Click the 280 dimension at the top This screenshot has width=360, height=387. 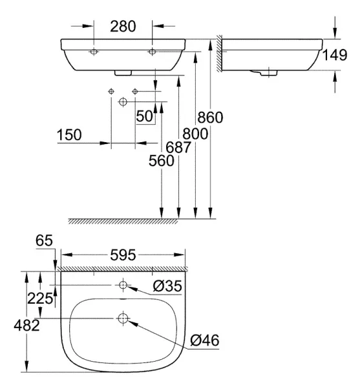(123, 26)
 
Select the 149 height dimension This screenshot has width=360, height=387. (335, 55)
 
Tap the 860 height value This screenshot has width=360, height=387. (210, 117)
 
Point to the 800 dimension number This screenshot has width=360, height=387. (195, 134)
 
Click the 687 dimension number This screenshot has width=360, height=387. (178, 147)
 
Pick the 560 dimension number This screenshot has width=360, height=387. (161, 161)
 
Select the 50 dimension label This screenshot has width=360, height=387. (145, 116)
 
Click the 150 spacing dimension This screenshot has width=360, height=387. (69, 135)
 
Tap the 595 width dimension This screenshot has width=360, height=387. (123, 255)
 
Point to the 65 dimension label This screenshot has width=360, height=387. (44, 240)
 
